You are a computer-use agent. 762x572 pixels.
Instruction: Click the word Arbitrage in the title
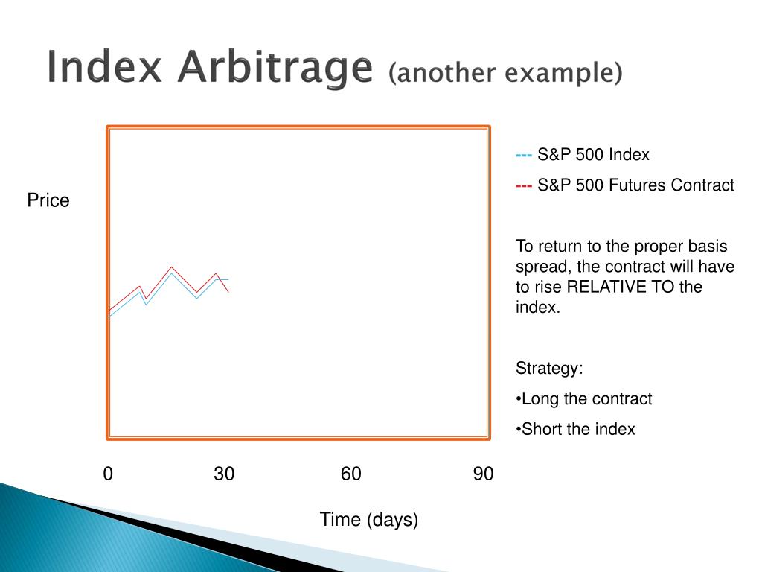click(275, 68)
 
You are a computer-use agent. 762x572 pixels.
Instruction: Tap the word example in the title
click(563, 74)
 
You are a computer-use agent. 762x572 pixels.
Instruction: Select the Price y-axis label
click(48, 200)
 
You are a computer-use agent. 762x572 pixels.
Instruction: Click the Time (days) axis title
click(369, 519)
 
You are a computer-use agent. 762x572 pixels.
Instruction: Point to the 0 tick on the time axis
click(108, 474)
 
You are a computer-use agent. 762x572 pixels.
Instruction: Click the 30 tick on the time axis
click(224, 474)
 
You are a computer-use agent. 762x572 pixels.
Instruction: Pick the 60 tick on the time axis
click(351, 474)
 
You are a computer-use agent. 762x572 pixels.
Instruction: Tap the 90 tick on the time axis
click(484, 474)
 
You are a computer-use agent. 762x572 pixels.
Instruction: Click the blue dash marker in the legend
click(524, 156)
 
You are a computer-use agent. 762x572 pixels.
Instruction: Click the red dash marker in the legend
click(524, 186)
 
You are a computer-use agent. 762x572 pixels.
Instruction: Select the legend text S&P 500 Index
click(593, 155)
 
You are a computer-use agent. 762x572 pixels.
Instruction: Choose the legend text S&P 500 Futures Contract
click(635, 185)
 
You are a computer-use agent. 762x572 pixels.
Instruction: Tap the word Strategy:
click(549, 369)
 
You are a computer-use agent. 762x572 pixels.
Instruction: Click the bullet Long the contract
click(583, 399)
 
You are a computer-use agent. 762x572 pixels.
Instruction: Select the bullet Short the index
click(575, 430)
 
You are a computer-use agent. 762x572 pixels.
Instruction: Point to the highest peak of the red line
click(171, 267)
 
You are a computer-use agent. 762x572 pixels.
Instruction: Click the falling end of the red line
click(228, 292)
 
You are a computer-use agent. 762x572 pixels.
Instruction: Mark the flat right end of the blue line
click(228, 280)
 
